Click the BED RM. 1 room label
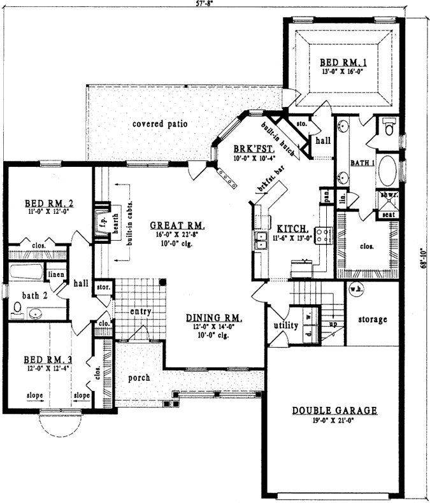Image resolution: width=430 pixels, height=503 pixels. pos(343,62)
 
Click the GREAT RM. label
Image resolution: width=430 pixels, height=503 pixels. pos(177,225)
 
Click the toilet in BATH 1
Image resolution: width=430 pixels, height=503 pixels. pos(388,127)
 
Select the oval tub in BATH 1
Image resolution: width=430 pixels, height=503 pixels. pos(387,171)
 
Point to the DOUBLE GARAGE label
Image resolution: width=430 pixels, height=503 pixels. pos(334,411)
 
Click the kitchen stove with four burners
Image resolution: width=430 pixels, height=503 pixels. pos(324,235)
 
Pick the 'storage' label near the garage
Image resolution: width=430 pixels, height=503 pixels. pos(372,319)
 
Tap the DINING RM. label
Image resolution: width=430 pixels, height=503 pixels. pos(212,318)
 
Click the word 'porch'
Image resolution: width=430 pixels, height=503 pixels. pos(138,378)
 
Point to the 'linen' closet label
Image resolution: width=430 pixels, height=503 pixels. pos(55,274)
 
